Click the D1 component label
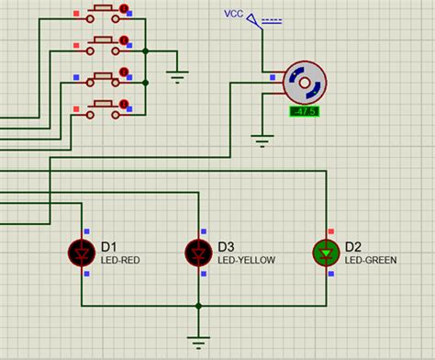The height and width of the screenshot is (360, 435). point(108,246)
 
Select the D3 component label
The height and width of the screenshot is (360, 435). point(226,246)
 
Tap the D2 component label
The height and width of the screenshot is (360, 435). point(353,246)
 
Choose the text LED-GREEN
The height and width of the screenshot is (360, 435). point(371,260)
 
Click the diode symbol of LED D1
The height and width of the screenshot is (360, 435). point(82,251)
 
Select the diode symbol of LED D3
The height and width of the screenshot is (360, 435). point(198,251)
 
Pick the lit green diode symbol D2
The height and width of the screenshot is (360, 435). point(327,252)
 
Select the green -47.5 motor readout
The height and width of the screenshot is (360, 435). point(303,112)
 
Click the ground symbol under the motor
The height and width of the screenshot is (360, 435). point(263,141)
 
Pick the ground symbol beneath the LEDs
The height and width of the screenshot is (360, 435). point(198,343)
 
